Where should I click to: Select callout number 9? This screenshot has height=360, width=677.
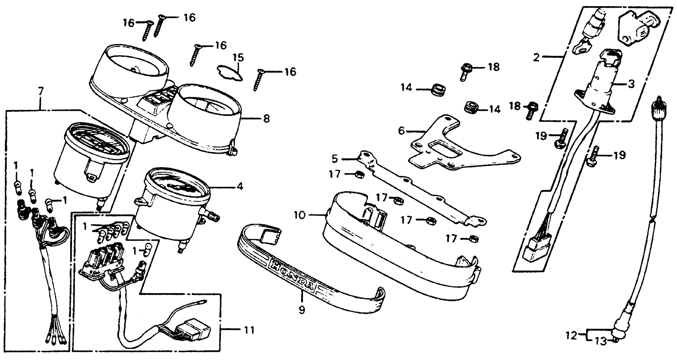coord(302,310)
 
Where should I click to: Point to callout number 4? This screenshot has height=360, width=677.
coord(239,187)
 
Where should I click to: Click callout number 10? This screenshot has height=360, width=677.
coord(300,215)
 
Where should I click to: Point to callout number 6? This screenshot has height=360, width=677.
coord(401,131)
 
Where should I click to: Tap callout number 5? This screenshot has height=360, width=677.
coord(334,159)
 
